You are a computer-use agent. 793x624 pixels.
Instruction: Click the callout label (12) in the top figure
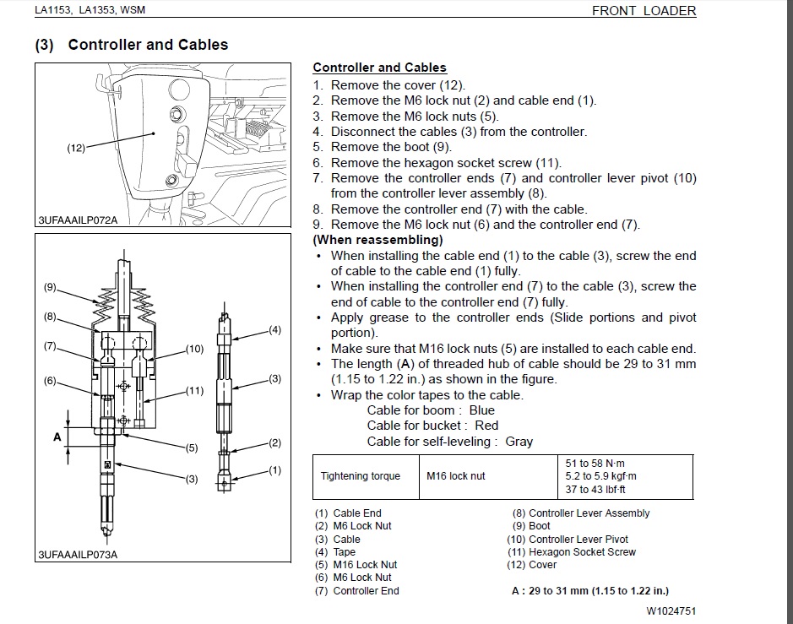(x=76, y=149)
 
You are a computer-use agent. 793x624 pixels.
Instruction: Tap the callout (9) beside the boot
(x=50, y=287)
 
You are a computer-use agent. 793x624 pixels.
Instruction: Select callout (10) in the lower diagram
(x=194, y=348)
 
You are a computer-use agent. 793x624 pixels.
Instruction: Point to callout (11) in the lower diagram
(x=194, y=390)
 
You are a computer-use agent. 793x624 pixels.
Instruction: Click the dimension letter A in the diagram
(x=57, y=437)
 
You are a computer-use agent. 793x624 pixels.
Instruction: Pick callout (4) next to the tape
(x=274, y=330)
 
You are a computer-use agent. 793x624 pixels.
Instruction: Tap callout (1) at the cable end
(x=274, y=470)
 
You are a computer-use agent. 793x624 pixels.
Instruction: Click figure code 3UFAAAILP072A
(x=77, y=220)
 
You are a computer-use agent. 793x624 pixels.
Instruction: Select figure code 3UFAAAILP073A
(x=77, y=555)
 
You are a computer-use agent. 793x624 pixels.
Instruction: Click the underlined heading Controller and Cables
(x=379, y=68)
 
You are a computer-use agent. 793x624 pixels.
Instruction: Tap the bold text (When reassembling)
(x=377, y=240)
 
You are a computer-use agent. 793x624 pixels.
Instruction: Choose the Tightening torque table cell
(x=361, y=476)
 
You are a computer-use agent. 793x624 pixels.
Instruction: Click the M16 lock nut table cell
(x=456, y=476)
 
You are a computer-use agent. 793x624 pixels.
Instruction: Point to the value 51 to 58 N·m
(x=595, y=463)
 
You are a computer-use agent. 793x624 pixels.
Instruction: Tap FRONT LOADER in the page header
(x=644, y=11)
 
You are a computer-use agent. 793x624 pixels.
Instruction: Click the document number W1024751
(x=671, y=610)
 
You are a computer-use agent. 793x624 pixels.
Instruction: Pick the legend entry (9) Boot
(x=531, y=526)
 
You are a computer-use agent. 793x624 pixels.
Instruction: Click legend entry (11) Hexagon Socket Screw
(x=571, y=551)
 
